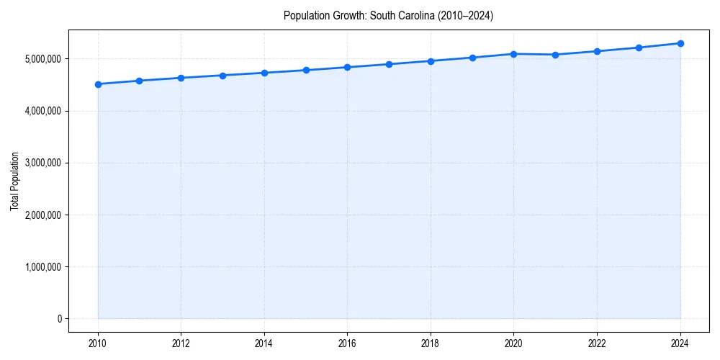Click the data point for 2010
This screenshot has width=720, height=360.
98,84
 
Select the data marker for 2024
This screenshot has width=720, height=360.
680,43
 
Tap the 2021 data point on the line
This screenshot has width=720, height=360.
555,55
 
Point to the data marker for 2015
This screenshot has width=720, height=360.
306,70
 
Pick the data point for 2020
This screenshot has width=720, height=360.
514,54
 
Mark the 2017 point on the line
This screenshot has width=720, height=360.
389,64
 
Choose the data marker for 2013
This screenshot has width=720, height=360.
222,76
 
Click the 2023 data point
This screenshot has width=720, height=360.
639,48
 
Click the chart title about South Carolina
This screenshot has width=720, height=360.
388,15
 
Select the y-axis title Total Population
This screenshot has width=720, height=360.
14,181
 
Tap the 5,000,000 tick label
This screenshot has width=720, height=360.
42,59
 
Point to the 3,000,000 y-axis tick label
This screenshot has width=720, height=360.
42,163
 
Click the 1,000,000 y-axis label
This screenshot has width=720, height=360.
42,267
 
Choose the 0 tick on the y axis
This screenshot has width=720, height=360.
60,319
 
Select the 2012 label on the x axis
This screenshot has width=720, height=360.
181,343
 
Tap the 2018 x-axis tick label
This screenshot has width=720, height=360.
431,343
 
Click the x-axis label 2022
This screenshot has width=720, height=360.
597,343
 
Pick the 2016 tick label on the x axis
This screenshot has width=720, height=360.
348,343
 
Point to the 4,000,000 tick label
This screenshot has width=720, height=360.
42,111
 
